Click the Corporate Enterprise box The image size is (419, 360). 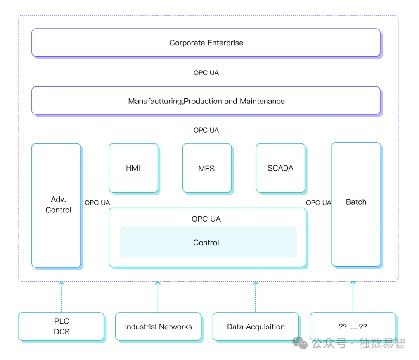coord(206,43)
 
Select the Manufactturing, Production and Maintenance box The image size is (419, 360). coord(206,101)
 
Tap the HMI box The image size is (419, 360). coord(133,168)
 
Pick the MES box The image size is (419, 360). coord(206,168)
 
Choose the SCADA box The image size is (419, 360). coord(280,168)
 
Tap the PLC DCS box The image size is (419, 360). coord(61,326)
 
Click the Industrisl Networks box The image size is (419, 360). coord(158,327)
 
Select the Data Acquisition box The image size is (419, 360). coord(256,327)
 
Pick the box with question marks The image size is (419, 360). coord(353,327)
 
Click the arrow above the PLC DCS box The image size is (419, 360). coord(61,297)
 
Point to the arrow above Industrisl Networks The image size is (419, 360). coord(158,297)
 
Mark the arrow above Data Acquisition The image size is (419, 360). coord(256,297)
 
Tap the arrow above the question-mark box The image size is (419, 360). coord(353,297)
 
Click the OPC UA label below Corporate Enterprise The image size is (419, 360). coord(206,73)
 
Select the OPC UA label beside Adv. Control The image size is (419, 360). coord(97,203)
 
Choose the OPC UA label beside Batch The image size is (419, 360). coord(319,203)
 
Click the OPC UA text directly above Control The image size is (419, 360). coord(206,219)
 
